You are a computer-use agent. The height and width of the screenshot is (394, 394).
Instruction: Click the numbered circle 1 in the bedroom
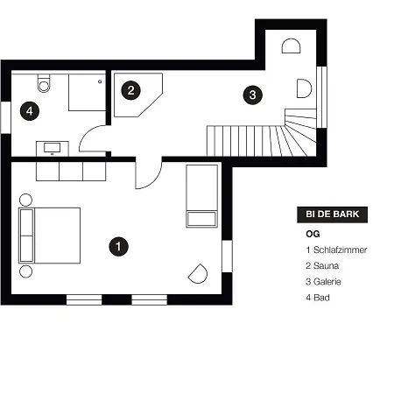point(118,247)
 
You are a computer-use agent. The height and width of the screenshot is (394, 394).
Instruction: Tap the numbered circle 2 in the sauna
point(130,90)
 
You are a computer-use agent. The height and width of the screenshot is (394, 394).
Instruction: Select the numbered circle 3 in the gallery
point(253,95)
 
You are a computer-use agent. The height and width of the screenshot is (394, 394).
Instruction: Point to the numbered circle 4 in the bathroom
point(30,111)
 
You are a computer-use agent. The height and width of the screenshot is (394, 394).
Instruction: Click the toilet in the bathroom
point(44,83)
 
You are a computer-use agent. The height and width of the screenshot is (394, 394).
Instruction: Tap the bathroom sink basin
point(53,147)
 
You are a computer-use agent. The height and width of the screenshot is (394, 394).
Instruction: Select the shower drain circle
point(100,81)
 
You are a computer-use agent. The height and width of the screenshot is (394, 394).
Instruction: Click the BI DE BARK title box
point(332,215)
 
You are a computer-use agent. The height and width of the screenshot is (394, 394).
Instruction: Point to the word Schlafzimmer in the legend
point(340,250)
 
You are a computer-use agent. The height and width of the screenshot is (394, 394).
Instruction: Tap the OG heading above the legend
point(313,234)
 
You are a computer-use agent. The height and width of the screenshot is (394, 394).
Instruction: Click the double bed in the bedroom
point(50,236)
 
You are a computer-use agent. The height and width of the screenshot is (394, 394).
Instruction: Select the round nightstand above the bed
point(25,200)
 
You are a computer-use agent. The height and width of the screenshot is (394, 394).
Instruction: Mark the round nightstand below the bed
point(25,271)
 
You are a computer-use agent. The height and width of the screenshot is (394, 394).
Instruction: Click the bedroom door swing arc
point(155,180)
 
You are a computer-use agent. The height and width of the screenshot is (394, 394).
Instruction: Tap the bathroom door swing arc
point(85,133)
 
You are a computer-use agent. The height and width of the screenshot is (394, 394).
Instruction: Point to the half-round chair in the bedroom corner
point(199,274)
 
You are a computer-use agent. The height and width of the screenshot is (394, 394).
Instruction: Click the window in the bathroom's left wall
point(6,117)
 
